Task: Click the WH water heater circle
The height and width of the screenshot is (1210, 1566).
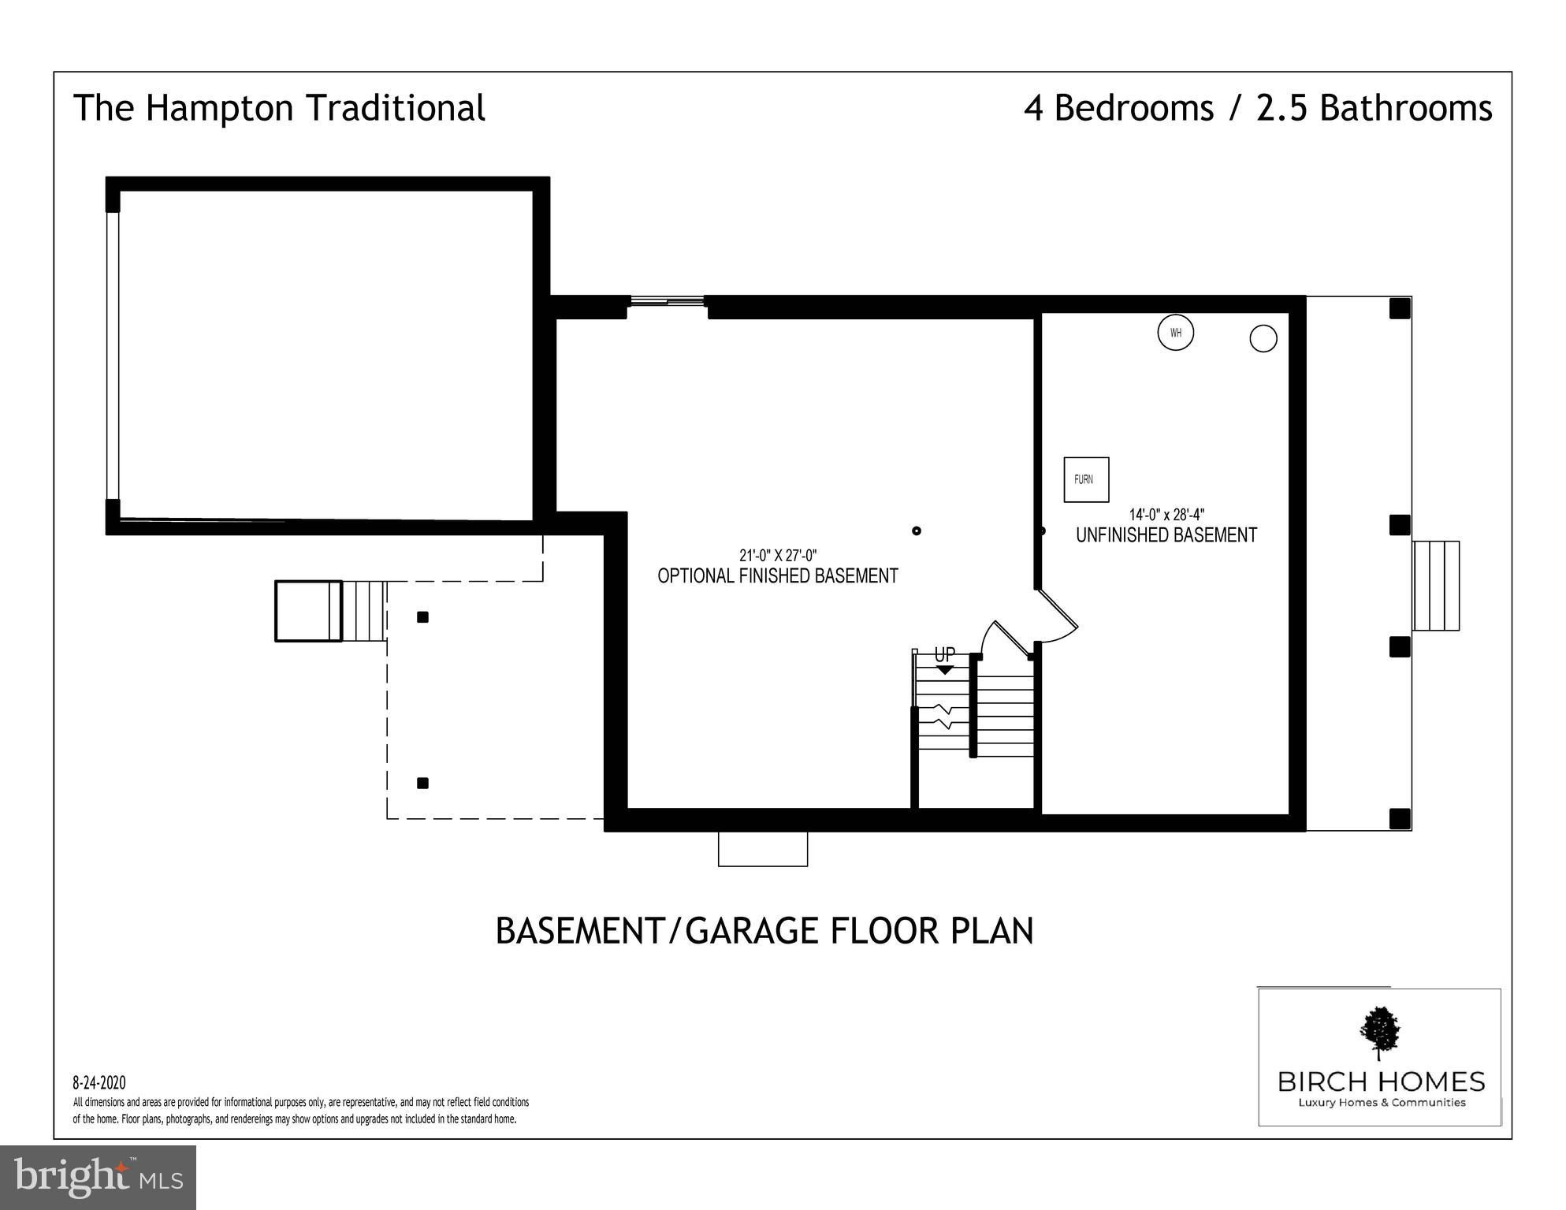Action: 1175,333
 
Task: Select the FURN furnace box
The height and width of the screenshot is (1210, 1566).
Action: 1086,479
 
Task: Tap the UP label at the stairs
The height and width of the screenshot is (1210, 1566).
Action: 944,654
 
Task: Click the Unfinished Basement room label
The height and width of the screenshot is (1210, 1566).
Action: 1166,535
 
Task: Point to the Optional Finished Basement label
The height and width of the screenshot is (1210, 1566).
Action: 778,576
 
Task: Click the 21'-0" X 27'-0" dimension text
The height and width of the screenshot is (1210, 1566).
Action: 777,555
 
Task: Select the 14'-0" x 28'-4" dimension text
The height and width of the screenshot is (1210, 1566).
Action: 1166,515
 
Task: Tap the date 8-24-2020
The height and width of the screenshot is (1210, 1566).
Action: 99,1083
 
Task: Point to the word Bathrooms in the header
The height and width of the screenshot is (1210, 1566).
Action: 1406,108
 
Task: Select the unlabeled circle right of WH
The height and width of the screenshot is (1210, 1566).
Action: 1263,338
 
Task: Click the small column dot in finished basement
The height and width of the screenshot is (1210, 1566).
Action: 917,531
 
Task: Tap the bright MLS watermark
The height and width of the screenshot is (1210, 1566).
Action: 99,1177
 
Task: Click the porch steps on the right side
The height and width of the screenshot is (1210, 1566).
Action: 1436,586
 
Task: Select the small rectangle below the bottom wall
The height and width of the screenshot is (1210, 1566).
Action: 763,848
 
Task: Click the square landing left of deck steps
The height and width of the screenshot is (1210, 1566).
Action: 308,611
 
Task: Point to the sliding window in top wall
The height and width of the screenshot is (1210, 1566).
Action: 667,300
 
